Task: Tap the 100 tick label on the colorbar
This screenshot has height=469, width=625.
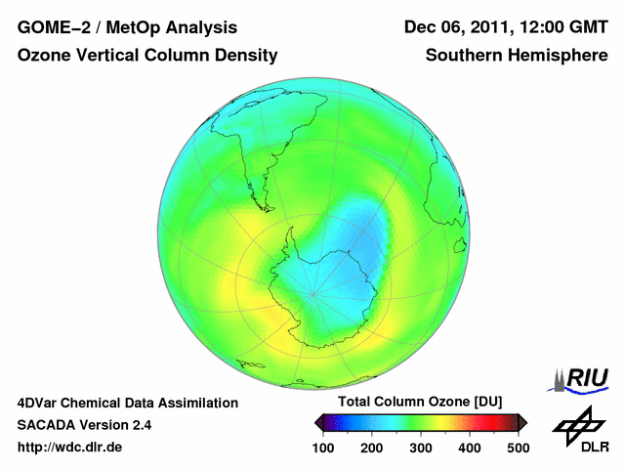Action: pyautogui.click(x=323, y=448)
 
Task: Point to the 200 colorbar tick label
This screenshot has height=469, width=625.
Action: pyautogui.click(x=372, y=448)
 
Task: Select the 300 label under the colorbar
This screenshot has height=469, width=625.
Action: pyautogui.click(x=421, y=448)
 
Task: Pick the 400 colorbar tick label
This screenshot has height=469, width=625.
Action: pyautogui.click(x=470, y=448)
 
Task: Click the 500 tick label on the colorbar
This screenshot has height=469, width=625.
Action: pyautogui.click(x=518, y=448)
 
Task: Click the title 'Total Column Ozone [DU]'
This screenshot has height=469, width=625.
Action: pyautogui.click(x=420, y=403)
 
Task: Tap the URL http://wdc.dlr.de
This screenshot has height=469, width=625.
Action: pyautogui.click(x=70, y=448)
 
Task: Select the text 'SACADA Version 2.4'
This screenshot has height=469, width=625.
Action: pyautogui.click(x=84, y=425)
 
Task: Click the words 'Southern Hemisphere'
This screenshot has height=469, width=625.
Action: pyautogui.click(x=517, y=56)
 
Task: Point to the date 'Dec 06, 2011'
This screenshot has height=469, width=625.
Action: pyautogui.click(x=453, y=27)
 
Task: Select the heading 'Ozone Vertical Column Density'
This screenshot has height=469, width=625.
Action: pyautogui.click(x=146, y=56)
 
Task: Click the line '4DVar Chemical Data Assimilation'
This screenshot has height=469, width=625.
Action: pyautogui.click(x=127, y=403)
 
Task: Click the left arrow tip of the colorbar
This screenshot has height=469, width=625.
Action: pyautogui.click(x=317, y=422)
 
